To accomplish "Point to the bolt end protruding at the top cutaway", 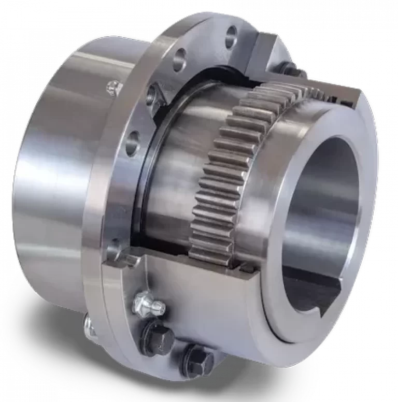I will pyautogui.click(x=288, y=67).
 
